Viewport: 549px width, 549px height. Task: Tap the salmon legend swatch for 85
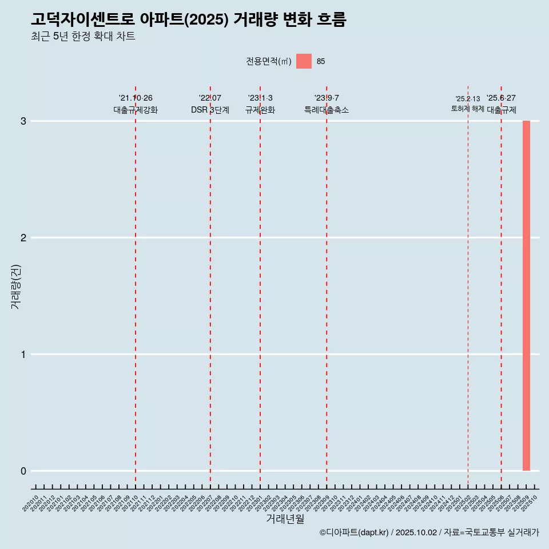pyautogui.click(x=304, y=61)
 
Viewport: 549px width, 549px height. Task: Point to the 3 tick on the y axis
pyautogui.click(x=24, y=121)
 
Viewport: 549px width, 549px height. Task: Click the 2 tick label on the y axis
pyautogui.click(x=24, y=238)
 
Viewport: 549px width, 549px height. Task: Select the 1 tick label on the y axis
pyautogui.click(x=24, y=355)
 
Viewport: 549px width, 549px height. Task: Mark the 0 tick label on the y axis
pyautogui.click(x=24, y=471)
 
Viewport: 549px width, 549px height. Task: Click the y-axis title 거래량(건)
pyautogui.click(x=16, y=286)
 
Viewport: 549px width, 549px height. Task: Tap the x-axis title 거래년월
pyautogui.click(x=285, y=519)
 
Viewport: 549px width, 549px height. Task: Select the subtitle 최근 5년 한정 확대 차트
pyautogui.click(x=83, y=37)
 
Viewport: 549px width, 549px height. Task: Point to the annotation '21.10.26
pyautogui.click(x=136, y=98)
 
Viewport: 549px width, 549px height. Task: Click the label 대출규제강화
pyautogui.click(x=136, y=110)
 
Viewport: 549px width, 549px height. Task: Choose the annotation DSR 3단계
pyautogui.click(x=210, y=110)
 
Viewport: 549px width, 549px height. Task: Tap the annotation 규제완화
pyautogui.click(x=260, y=110)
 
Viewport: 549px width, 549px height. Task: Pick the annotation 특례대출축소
pyautogui.click(x=327, y=110)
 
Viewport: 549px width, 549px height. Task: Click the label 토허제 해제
pyautogui.click(x=468, y=109)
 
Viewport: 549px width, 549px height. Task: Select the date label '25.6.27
pyautogui.click(x=501, y=98)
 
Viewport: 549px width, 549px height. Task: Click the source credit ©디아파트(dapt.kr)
pyautogui.click(x=354, y=532)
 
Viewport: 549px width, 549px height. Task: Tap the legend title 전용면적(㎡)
pyautogui.click(x=269, y=62)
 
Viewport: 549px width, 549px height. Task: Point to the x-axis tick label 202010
pyautogui.click(x=31, y=504)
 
